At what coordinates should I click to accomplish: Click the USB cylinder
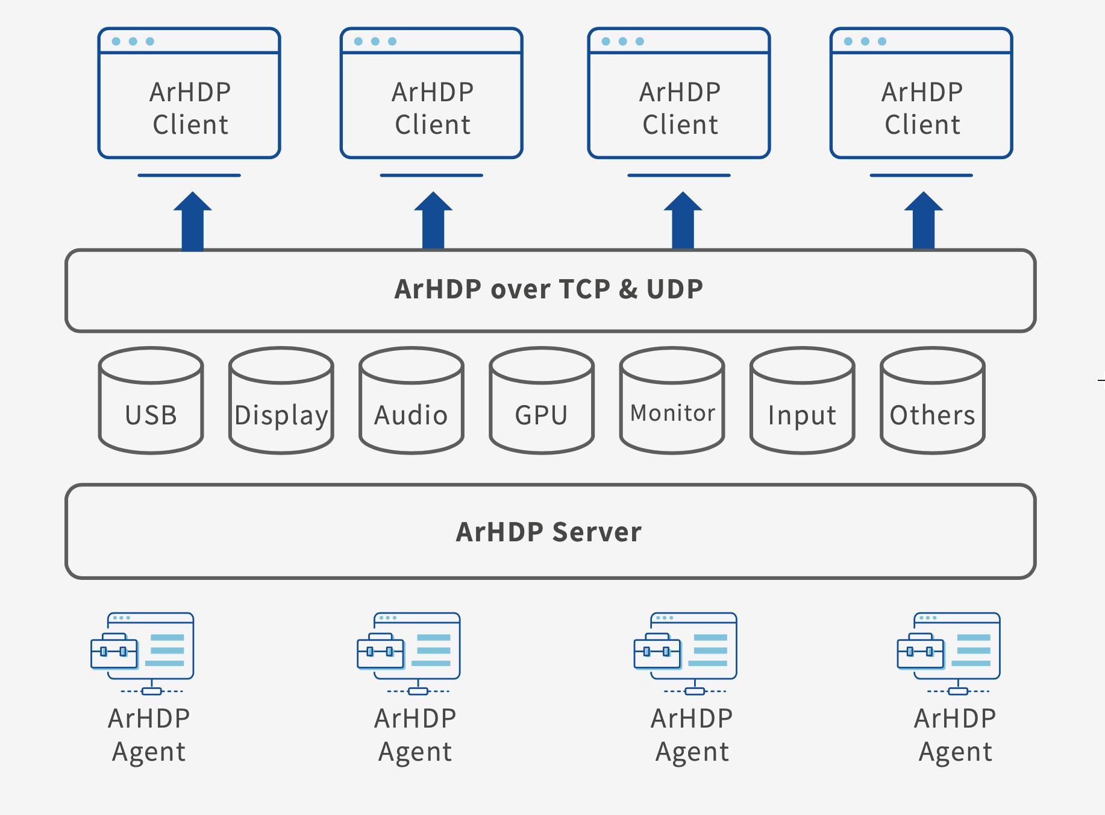(x=151, y=400)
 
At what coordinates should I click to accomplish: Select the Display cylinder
(x=281, y=400)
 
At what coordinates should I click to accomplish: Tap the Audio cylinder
(x=412, y=400)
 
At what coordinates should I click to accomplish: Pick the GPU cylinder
(x=542, y=400)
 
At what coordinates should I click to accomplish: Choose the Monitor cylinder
(x=672, y=400)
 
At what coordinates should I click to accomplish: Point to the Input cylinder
(x=803, y=400)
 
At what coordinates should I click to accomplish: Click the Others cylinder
(x=933, y=400)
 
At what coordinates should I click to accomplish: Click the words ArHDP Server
(x=549, y=532)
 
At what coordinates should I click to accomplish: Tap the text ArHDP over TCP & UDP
(x=549, y=289)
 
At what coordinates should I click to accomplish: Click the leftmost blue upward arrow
(x=193, y=221)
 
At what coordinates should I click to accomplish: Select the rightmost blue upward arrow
(x=924, y=221)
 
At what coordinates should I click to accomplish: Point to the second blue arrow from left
(x=433, y=221)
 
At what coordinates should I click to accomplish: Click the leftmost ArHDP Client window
(x=189, y=93)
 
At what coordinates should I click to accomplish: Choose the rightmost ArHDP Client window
(x=921, y=93)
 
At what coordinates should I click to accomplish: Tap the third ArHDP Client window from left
(x=679, y=93)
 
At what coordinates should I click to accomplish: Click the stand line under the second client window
(x=431, y=175)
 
